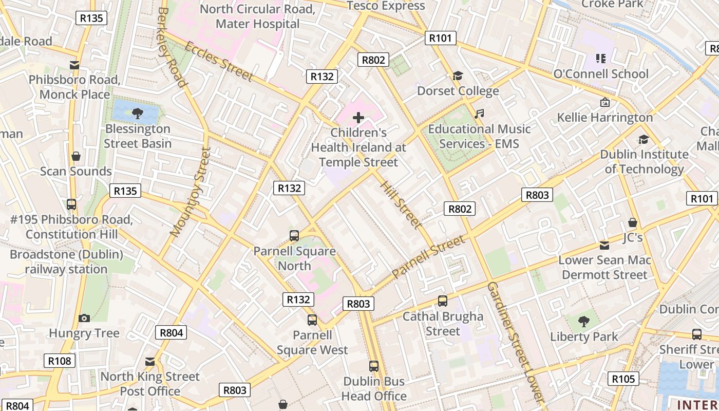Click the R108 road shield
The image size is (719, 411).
tap(60, 361)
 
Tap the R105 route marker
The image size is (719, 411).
tap(624, 379)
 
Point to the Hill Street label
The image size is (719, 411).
tap(401, 204)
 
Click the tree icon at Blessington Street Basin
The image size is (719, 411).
tap(137, 113)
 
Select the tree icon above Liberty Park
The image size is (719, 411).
tap(583, 322)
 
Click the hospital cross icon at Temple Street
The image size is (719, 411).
tap(358, 118)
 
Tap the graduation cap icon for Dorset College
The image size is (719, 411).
tap(458, 76)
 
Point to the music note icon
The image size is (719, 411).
tap(479, 114)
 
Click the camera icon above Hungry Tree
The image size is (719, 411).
tap(84, 318)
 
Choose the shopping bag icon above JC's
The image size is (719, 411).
tap(632, 222)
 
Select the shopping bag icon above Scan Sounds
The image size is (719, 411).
tap(76, 156)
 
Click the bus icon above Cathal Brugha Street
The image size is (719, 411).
tap(442, 301)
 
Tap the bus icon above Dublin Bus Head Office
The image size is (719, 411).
tap(374, 366)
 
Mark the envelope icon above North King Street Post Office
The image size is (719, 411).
tap(149, 362)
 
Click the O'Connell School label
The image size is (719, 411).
tap(600, 74)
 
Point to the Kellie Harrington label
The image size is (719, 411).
tap(605, 118)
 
